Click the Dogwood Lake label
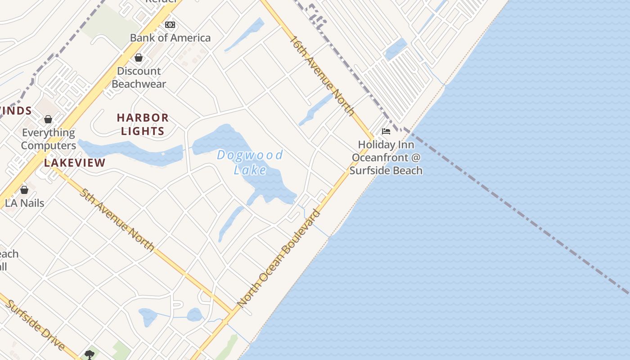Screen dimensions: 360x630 click(250, 162)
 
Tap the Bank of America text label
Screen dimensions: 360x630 click(170, 38)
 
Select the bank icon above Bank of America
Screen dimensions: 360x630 click(170, 25)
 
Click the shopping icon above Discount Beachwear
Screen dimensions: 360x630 click(139, 58)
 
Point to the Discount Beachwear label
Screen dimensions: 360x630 click(139, 77)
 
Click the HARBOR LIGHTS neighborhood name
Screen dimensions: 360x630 click(143, 124)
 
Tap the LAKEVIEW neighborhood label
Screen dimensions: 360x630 click(75, 163)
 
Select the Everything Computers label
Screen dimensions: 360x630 click(49, 139)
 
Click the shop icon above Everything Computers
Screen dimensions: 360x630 click(48, 119)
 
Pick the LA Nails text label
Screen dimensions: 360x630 click(25, 203)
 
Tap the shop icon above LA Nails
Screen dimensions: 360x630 click(24, 190)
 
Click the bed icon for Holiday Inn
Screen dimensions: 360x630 click(386, 131)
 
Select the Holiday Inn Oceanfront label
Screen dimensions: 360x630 click(386, 157)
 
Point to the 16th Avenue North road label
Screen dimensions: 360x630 click(322, 76)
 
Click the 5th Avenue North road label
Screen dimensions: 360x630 click(117, 220)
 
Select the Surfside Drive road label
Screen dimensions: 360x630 click(35, 325)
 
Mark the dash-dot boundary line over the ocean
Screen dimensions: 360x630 click(517, 211)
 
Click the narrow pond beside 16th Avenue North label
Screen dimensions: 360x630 click(316, 109)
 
